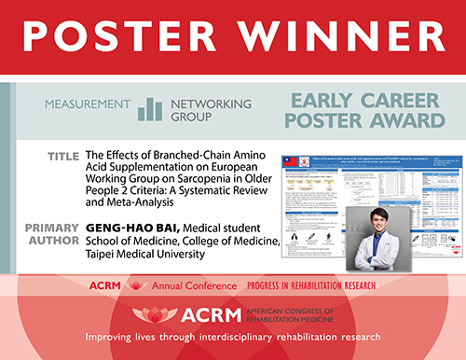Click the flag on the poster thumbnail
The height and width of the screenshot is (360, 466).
click(292, 161)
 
